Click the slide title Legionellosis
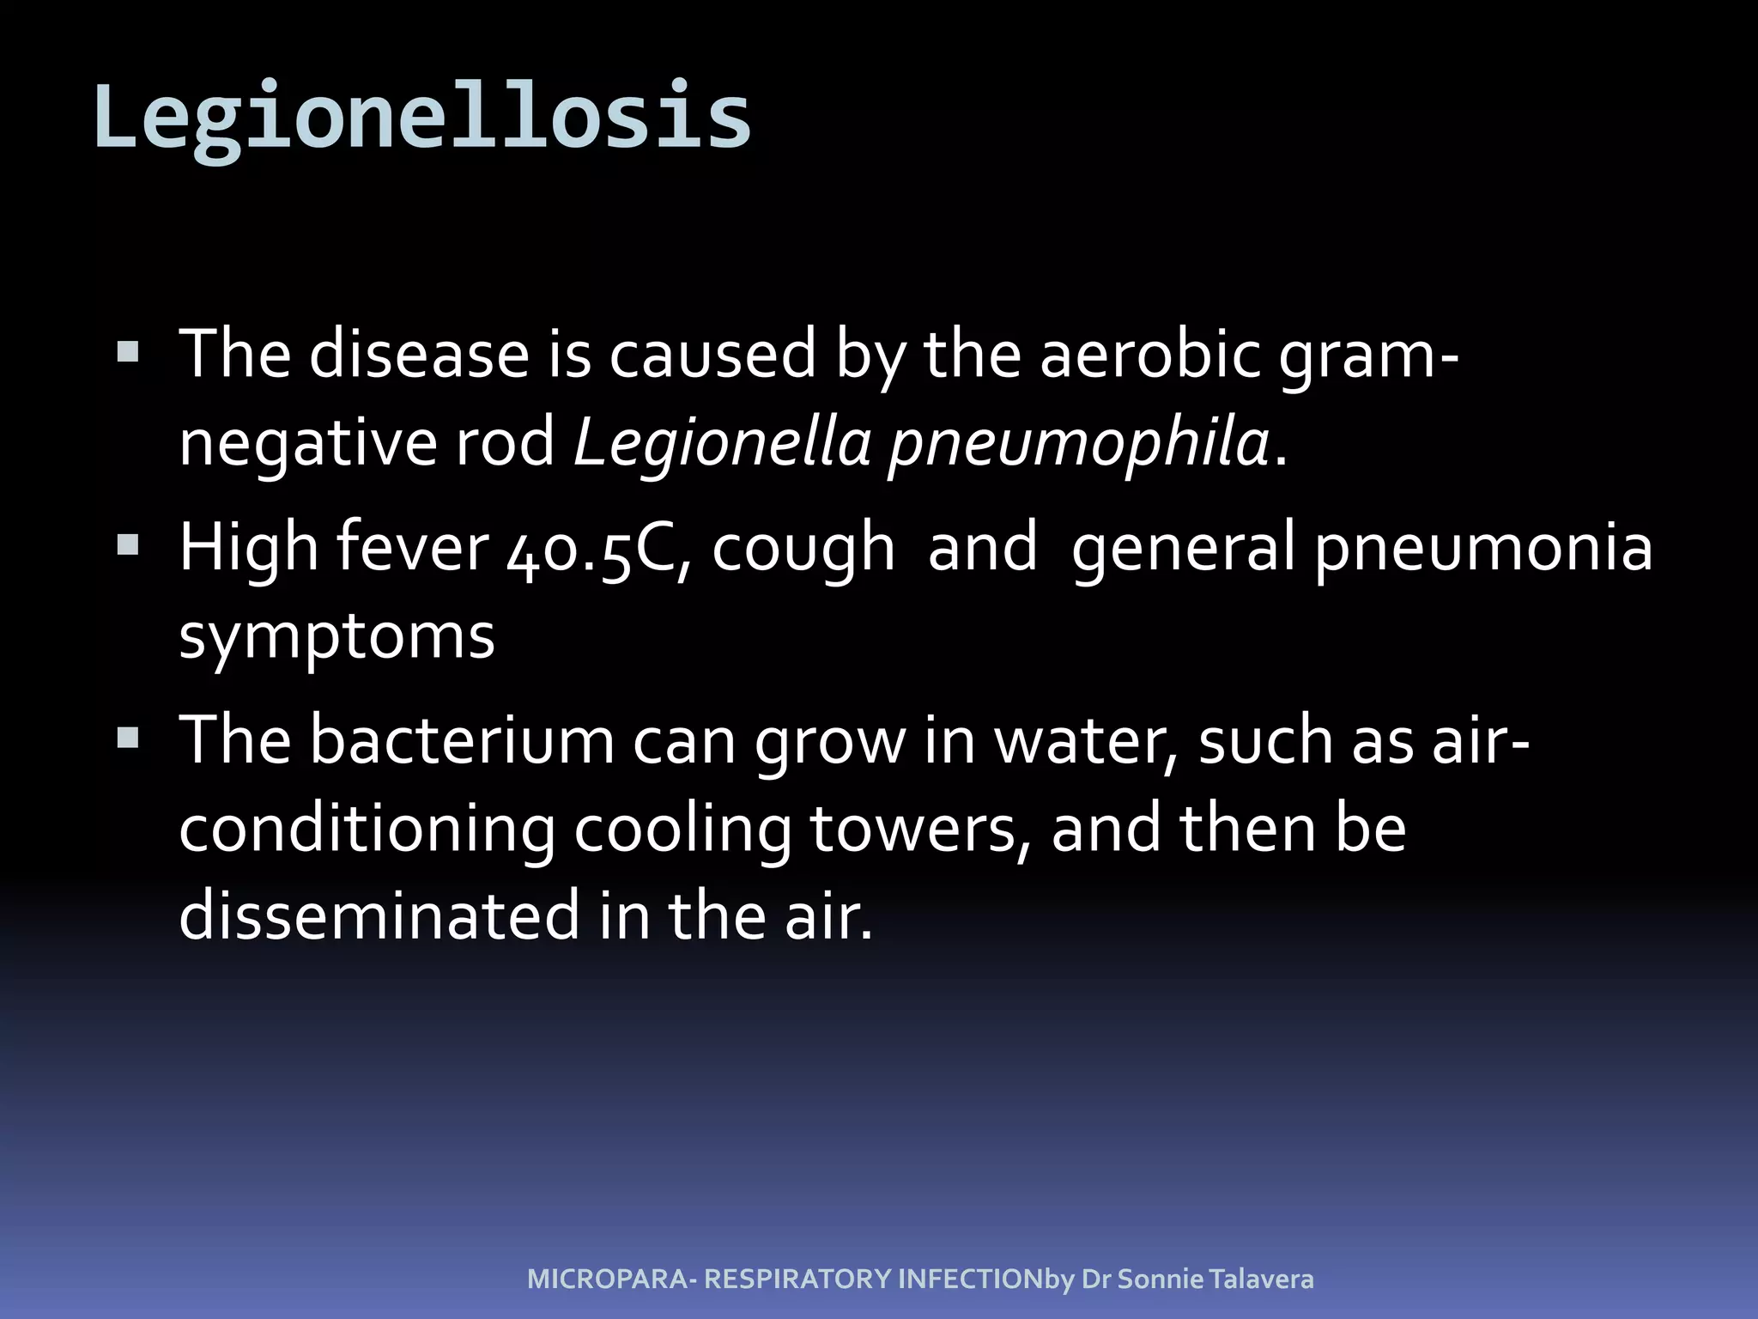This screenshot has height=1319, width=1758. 422,117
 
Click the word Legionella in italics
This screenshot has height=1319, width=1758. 721,443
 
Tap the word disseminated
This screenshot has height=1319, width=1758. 379,915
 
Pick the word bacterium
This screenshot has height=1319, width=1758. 462,740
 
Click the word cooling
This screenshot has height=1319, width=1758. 682,831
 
